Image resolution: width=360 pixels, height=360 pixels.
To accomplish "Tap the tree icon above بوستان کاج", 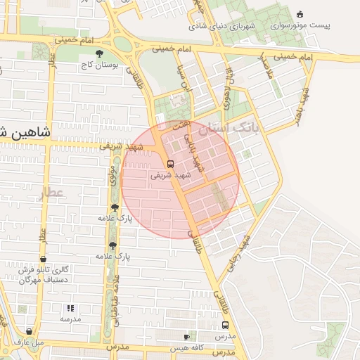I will point(99,53).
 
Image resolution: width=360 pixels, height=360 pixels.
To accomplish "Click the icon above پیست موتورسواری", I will point(301,14).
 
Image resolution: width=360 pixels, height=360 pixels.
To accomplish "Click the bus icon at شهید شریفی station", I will point(171,164).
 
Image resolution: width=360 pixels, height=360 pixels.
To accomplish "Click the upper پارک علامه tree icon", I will point(115,207).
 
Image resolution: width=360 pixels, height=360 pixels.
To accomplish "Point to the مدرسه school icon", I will point(70,308).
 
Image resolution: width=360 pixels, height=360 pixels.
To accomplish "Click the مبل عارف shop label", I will point(29,342).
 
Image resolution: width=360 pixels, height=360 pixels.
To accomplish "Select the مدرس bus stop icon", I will point(225,326).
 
